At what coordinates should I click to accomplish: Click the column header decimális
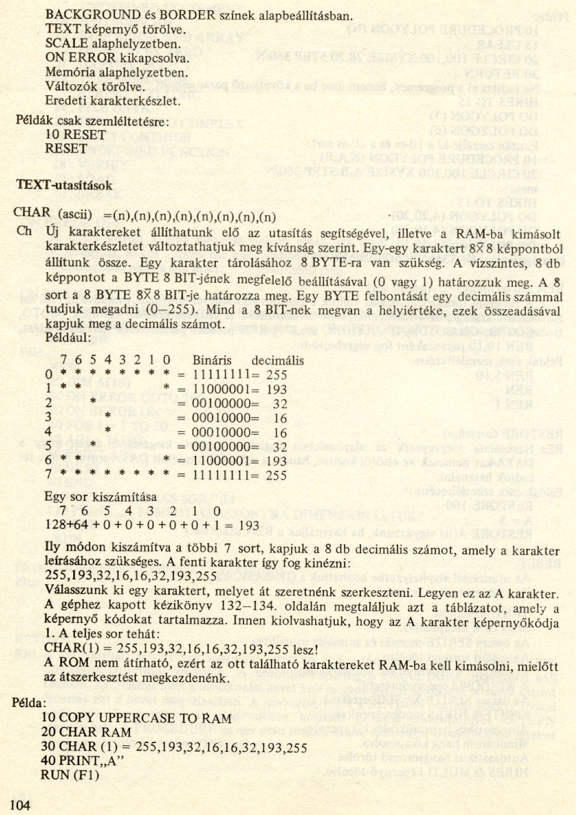tap(277, 361)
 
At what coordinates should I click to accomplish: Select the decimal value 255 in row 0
tap(277, 375)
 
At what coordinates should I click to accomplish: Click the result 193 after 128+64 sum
tap(248, 524)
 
